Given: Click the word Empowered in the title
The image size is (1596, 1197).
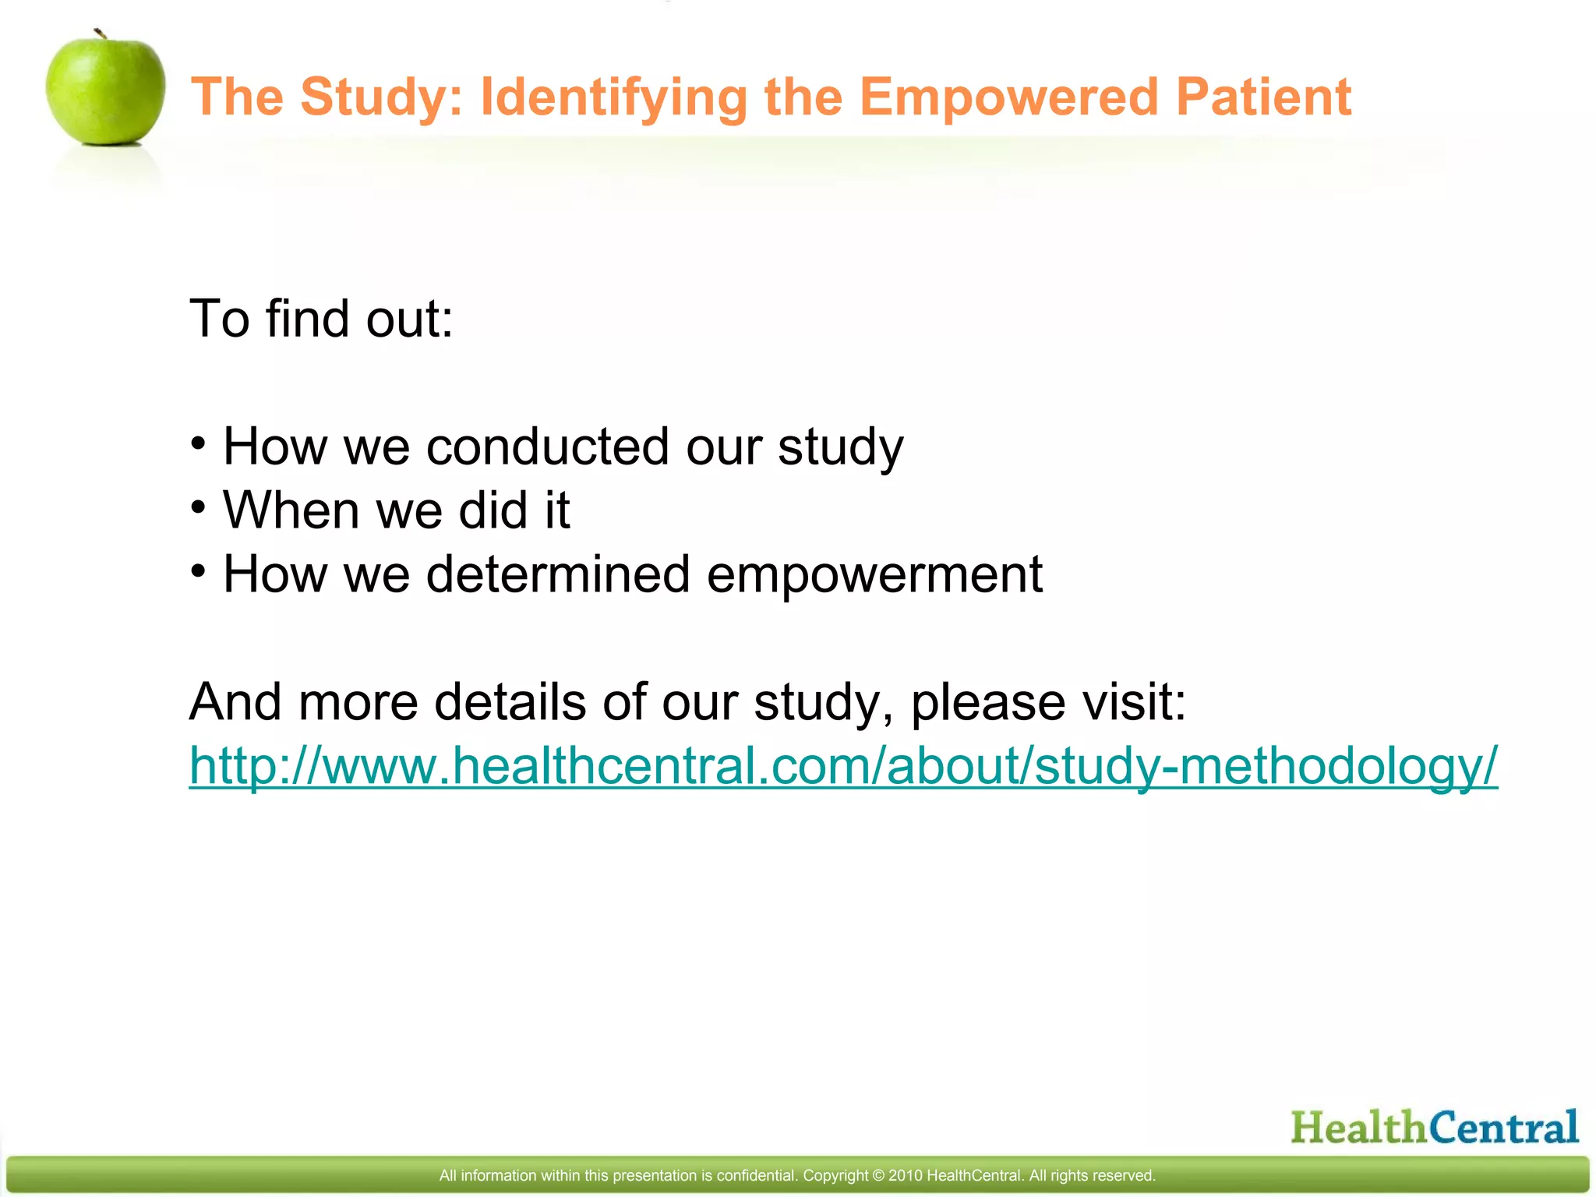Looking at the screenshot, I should pos(1008,97).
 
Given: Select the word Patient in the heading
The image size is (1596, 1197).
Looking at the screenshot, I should pos(1262,97).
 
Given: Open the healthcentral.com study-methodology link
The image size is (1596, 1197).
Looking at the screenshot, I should pos(842,766).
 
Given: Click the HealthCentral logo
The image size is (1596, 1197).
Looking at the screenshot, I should pos(1434,1128).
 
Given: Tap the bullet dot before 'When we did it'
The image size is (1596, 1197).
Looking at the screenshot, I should pos(199,508).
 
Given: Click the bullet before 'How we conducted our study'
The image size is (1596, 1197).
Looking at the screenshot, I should pos(199,444).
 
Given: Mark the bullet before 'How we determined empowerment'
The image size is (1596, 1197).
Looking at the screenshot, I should pos(199,572).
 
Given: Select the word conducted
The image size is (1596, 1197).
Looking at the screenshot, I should pos(547,447).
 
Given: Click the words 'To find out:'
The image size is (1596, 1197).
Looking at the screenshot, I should pos(321,320).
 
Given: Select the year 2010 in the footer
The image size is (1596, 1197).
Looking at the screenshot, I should pos(905,1176).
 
